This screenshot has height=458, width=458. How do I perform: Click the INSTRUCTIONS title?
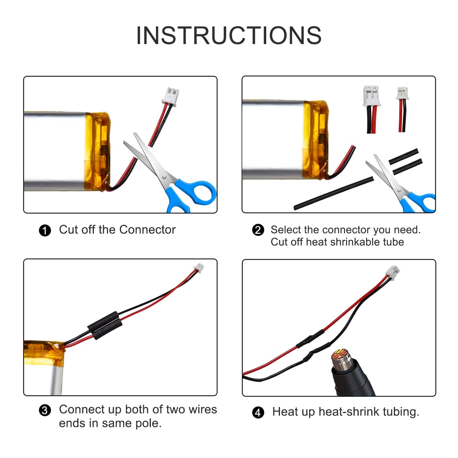click(x=229, y=35)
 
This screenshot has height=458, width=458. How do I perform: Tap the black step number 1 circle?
click(x=45, y=230)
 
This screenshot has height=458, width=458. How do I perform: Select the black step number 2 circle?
click(x=258, y=230)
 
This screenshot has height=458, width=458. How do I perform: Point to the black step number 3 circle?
click(x=45, y=410)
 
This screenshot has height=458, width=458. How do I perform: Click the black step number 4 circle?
click(x=258, y=412)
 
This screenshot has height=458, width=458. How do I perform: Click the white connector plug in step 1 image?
click(x=171, y=96)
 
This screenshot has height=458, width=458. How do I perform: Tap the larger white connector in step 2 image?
click(x=371, y=95)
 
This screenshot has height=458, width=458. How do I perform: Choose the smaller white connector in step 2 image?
click(x=403, y=94)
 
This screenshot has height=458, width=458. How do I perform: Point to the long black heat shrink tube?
click(x=334, y=193)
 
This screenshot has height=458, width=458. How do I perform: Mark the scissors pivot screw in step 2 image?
click(x=399, y=190)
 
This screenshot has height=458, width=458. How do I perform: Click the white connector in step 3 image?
click(x=199, y=268)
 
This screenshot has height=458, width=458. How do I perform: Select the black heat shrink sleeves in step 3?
click(x=105, y=325)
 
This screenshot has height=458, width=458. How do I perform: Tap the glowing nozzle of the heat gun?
click(x=340, y=357)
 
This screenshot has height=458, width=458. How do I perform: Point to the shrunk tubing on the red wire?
click(x=310, y=339)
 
